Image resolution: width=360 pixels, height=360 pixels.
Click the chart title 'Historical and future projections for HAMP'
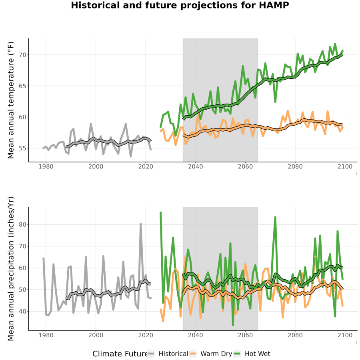(x=180, y=5)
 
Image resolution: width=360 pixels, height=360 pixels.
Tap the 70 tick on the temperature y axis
(x=22, y=55)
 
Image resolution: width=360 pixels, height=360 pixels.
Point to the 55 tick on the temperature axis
(x=22, y=148)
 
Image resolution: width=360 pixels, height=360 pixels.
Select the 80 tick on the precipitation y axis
(x=22, y=224)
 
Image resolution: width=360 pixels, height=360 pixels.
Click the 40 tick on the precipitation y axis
(x=22, y=312)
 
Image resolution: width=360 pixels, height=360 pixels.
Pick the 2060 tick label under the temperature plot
(x=245, y=166)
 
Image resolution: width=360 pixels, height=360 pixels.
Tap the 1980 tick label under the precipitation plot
(x=46, y=335)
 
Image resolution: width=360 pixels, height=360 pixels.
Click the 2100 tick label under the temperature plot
(x=345, y=166)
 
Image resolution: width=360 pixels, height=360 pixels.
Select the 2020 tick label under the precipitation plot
(x=146, y=335)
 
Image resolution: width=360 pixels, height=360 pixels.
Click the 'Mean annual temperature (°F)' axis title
(x=11, y=100)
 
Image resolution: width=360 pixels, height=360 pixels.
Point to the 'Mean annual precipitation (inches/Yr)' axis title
(x=11, y=269)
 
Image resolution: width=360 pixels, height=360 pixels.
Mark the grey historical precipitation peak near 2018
(x=141, y=224)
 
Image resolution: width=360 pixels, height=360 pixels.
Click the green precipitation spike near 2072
(x=275, y=217)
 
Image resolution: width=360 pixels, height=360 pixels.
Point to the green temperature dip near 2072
(x=275, y=101)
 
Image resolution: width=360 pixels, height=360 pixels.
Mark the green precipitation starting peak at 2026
(x=161, y=213)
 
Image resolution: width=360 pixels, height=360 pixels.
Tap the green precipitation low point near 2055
(x=233, y=325)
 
